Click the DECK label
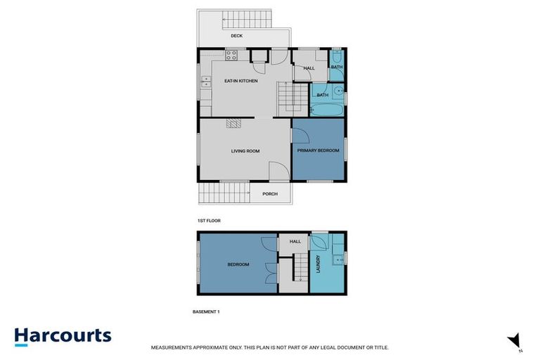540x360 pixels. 237,37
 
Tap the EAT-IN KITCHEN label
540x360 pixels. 241,81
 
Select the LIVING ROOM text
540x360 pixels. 245,150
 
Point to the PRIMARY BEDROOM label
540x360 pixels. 318,150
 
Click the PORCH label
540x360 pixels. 270,194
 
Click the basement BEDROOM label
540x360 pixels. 238,264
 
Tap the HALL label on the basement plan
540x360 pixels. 294,242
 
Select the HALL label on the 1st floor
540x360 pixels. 309,68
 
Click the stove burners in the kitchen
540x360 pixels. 233,55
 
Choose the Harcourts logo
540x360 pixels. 63,335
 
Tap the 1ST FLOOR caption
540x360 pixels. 210,221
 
